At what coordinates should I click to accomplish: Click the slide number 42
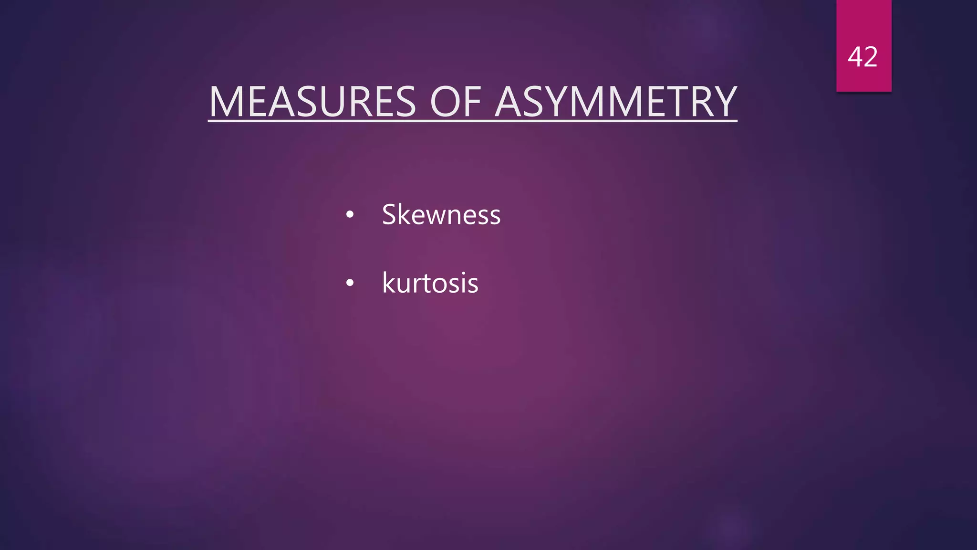[863, 57]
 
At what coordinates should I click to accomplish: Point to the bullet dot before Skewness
[350, 215]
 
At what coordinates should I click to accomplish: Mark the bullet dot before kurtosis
[350, 283]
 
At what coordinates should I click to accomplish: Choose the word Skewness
[441, 214]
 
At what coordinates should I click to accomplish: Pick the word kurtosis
[430, 283]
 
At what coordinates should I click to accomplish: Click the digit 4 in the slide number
[855, 57]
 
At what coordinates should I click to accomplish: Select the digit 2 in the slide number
[870, 57]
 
